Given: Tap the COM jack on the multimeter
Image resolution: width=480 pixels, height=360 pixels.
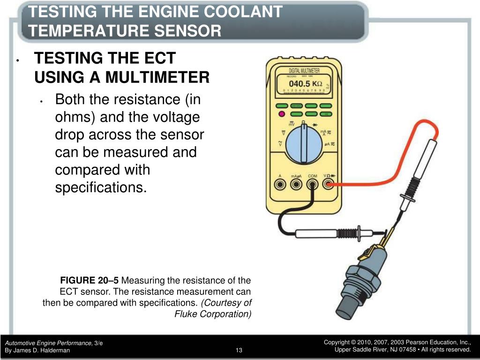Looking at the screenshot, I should click(x=312, y=184).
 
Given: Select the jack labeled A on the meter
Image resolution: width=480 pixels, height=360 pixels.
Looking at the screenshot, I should click(x=280, y=184).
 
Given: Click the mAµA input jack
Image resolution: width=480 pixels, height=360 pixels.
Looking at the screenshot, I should click(x=295, y=184).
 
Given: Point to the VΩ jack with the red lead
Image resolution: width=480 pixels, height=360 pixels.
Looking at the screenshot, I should click(x=328, y=184).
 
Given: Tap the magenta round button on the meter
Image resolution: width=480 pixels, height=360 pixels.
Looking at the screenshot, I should click(x=282, y=114).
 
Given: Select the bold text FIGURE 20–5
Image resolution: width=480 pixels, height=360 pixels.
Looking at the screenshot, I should click(x=90, y=281).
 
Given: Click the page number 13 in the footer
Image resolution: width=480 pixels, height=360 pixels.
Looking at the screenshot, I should click(x=239, y=350).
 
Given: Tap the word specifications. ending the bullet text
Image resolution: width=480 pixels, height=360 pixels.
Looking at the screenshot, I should click(x=101, y=187).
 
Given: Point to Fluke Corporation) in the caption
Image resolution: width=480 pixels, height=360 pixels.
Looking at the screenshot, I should click(x=213, y=314).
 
